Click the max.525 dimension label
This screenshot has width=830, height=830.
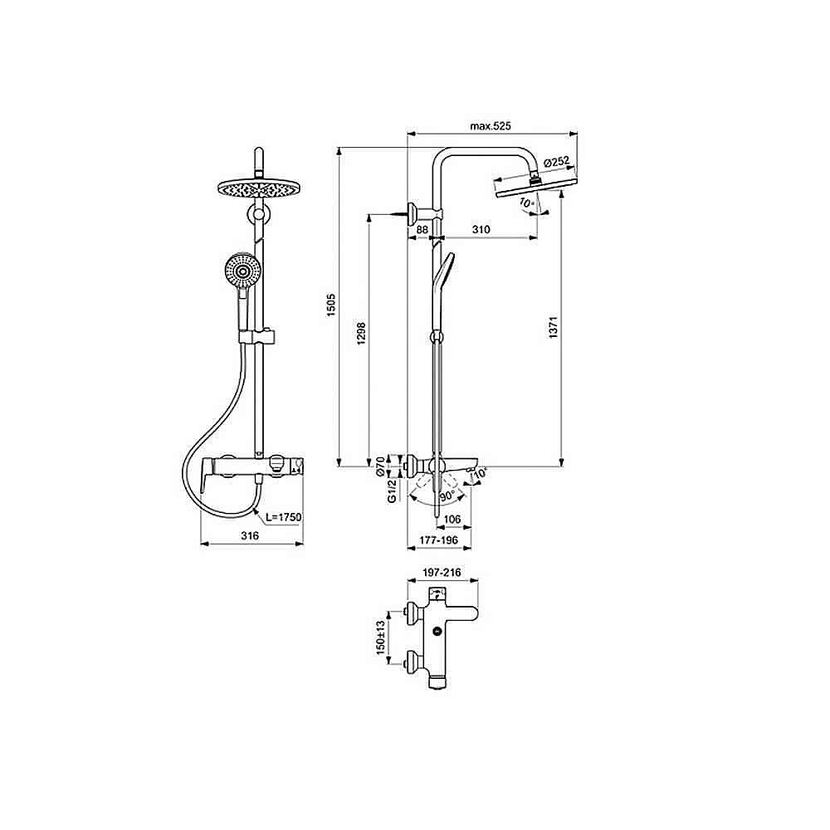(x=489, y=126)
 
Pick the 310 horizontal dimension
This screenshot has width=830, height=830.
(x=481, y=229)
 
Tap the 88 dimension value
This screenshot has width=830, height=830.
(x=421, y=229)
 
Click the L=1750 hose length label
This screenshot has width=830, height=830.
(x=283, y=517)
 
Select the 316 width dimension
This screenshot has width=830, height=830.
(x=250, y=536)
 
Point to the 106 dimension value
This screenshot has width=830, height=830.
(x=452, y=520)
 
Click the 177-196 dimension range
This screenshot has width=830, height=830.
(x=440, y=540)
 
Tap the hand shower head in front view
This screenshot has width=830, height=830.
(x=242, y=271)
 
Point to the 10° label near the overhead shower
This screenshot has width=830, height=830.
(x=525, y=203)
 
